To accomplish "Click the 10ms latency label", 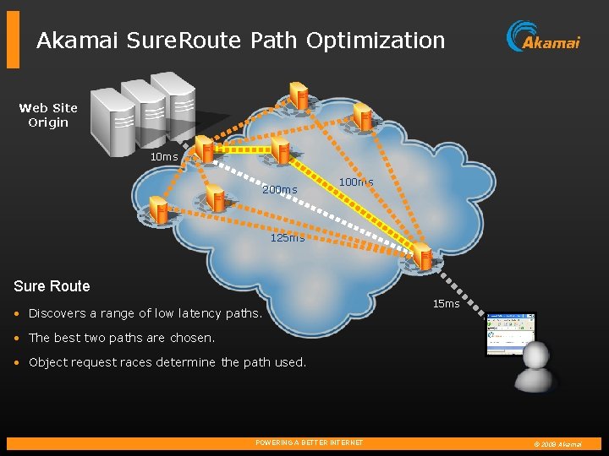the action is pyautogui.click(x=164, y=157).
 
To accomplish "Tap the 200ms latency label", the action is pyautogui.click(x=280, y=190).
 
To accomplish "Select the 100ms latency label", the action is pyautogui.click(x=356, y=182).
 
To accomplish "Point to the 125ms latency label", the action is pyautogui.click(x=287, y=238).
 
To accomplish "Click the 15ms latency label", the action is pyautogui.click(x=446, y=304).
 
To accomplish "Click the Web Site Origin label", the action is pyautogui.click(x=48, y=115).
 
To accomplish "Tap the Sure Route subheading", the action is pyautogui.click(x=52, y=286).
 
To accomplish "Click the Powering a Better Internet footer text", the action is pyautogui.click(x=309, y=442).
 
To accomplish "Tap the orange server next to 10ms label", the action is pyautogui.click(x=204, y=149).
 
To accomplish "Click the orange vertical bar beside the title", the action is pyautogui.click(x=13, y=39).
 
